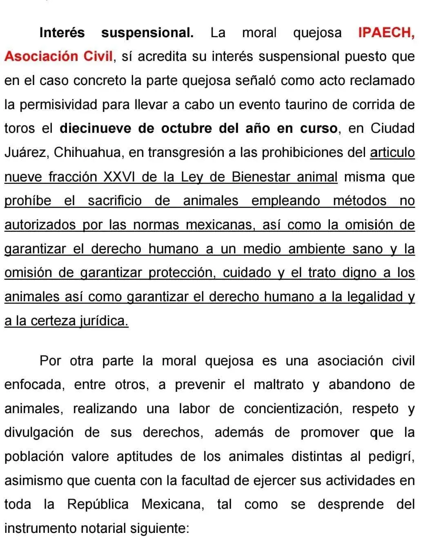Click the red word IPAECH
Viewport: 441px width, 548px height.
pyautogui.click(x=386, y=33)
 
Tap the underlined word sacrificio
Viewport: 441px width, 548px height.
pyautogui.click(x=115, y=201)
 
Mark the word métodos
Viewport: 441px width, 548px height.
pyautogui.click(x=359, y=201)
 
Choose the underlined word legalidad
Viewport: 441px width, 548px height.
pyautogui.click(x=375, y=297)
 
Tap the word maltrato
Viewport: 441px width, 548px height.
pyautogui.click(x=278, y=385)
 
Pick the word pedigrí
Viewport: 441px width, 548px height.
pyautogui.click(x=391, y=456)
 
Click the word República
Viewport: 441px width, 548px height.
pyautogui.click(x=98, y=504)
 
